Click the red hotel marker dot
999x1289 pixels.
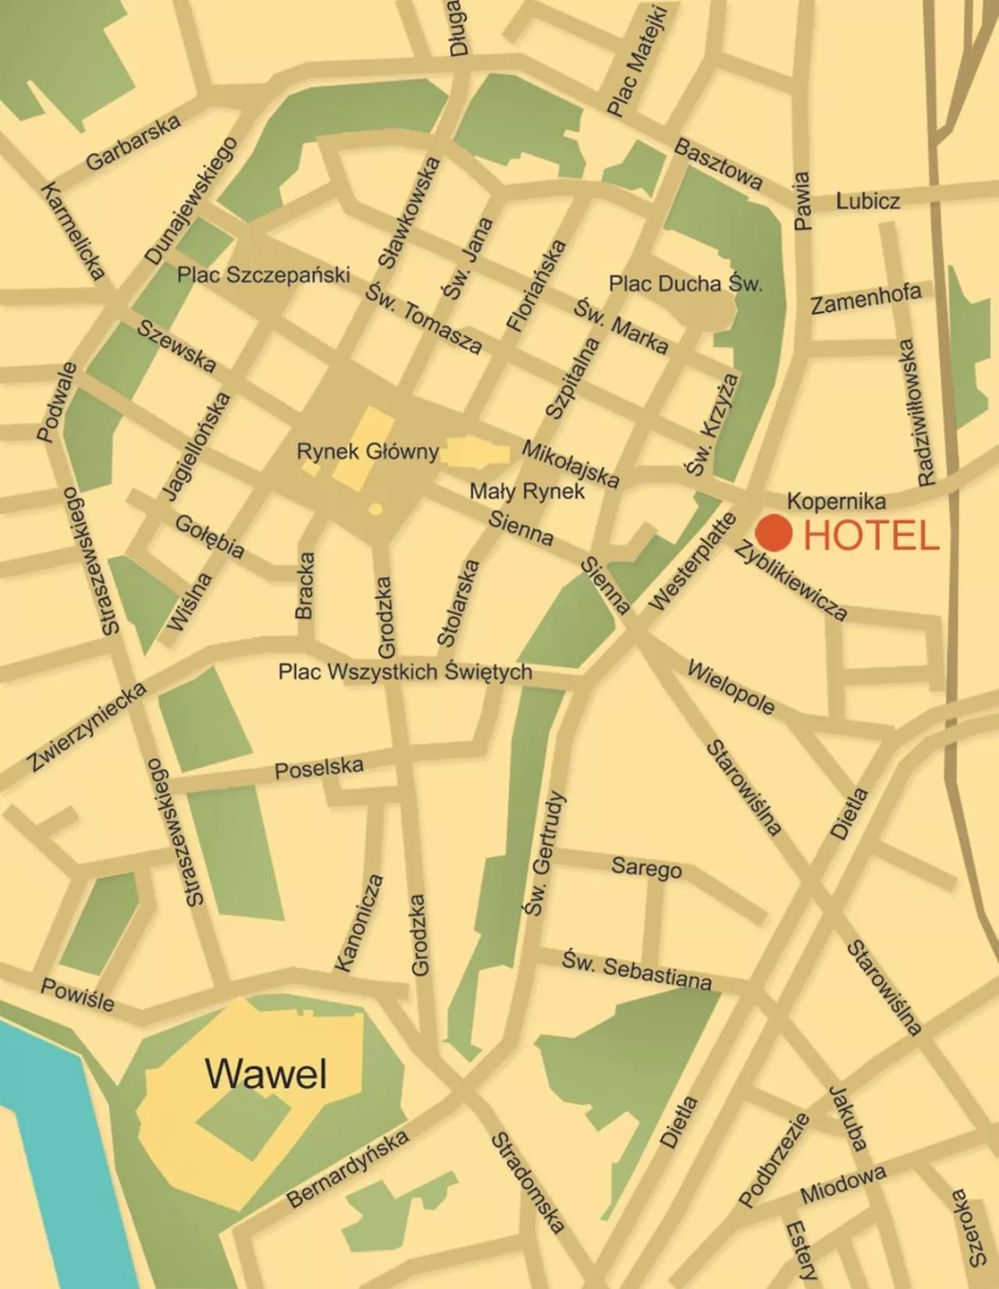coord(774,533)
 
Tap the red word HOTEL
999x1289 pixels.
coord(871,537)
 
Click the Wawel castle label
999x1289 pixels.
coord(266,1074)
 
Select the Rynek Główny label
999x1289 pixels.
coord(368,452)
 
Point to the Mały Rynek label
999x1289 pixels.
coord(527,491)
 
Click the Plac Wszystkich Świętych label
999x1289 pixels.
coord(405,672)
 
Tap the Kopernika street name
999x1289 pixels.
coord(836,500)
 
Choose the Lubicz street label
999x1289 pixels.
coord(868,201)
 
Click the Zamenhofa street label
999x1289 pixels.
coord(866,299)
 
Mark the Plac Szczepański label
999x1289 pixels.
coord(263,275)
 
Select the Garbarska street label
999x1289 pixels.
coord(133,142)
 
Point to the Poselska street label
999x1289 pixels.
coord(318,768)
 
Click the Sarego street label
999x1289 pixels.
coord(646,867)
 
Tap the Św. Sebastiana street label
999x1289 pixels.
coord(636,970)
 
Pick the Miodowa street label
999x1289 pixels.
coord(843,1184)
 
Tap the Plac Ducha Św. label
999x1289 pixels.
coord(685,283)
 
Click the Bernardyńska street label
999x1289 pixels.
coord(348,1168)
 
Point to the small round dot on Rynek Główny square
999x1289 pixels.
coord(375,509)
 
